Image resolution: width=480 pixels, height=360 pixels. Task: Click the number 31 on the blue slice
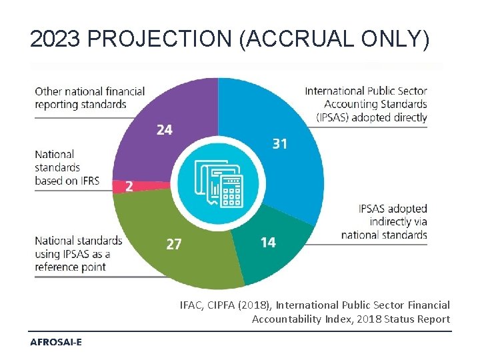pos(280,143)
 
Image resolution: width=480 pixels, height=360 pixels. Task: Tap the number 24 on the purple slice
pos(164,130)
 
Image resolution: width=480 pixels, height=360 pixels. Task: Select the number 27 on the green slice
pos(173,245)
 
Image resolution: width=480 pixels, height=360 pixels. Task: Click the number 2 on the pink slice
pos(129,187)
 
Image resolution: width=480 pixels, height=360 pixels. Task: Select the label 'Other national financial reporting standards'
pos(89,97)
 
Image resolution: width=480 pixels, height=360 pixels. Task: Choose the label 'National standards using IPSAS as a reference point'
pos(78,253)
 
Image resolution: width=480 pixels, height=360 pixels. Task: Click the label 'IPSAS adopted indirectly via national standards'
pos(385,221)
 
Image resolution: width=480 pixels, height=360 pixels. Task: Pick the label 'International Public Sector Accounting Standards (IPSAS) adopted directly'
pos(366,104)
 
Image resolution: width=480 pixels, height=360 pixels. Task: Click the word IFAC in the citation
pos(191,305)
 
